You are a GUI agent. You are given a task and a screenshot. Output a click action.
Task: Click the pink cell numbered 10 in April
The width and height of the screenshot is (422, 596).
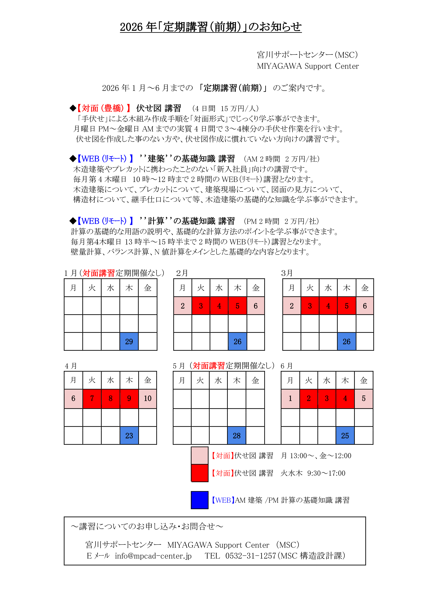click(x=148, y=398)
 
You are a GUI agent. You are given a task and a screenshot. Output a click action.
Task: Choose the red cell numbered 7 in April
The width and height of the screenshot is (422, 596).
click(x=92, y=398)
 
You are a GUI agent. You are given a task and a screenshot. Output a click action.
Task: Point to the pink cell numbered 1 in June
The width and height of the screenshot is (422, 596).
click(x=290, y=398)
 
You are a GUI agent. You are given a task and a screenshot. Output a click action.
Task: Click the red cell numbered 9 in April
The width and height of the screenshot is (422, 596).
click(x=129, y=398)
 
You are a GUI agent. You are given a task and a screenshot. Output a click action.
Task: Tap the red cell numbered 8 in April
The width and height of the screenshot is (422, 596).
click(x=110, y=398)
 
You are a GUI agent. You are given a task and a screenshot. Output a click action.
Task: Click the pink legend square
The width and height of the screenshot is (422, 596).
click(x=200, y=455)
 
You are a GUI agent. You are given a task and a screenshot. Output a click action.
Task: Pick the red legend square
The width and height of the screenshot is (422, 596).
click(x=200, y=473)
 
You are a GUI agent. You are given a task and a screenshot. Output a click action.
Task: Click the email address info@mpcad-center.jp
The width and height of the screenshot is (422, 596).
click(x=153, y=556)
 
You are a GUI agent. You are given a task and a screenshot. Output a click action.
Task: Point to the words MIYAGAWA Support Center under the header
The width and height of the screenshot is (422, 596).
click(x=308, y=66)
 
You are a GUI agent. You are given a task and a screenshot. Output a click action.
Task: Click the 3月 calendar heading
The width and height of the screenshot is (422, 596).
click(x=287, y=273)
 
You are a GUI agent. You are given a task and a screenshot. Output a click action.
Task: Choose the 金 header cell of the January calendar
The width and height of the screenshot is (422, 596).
click(x=148, y=288)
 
